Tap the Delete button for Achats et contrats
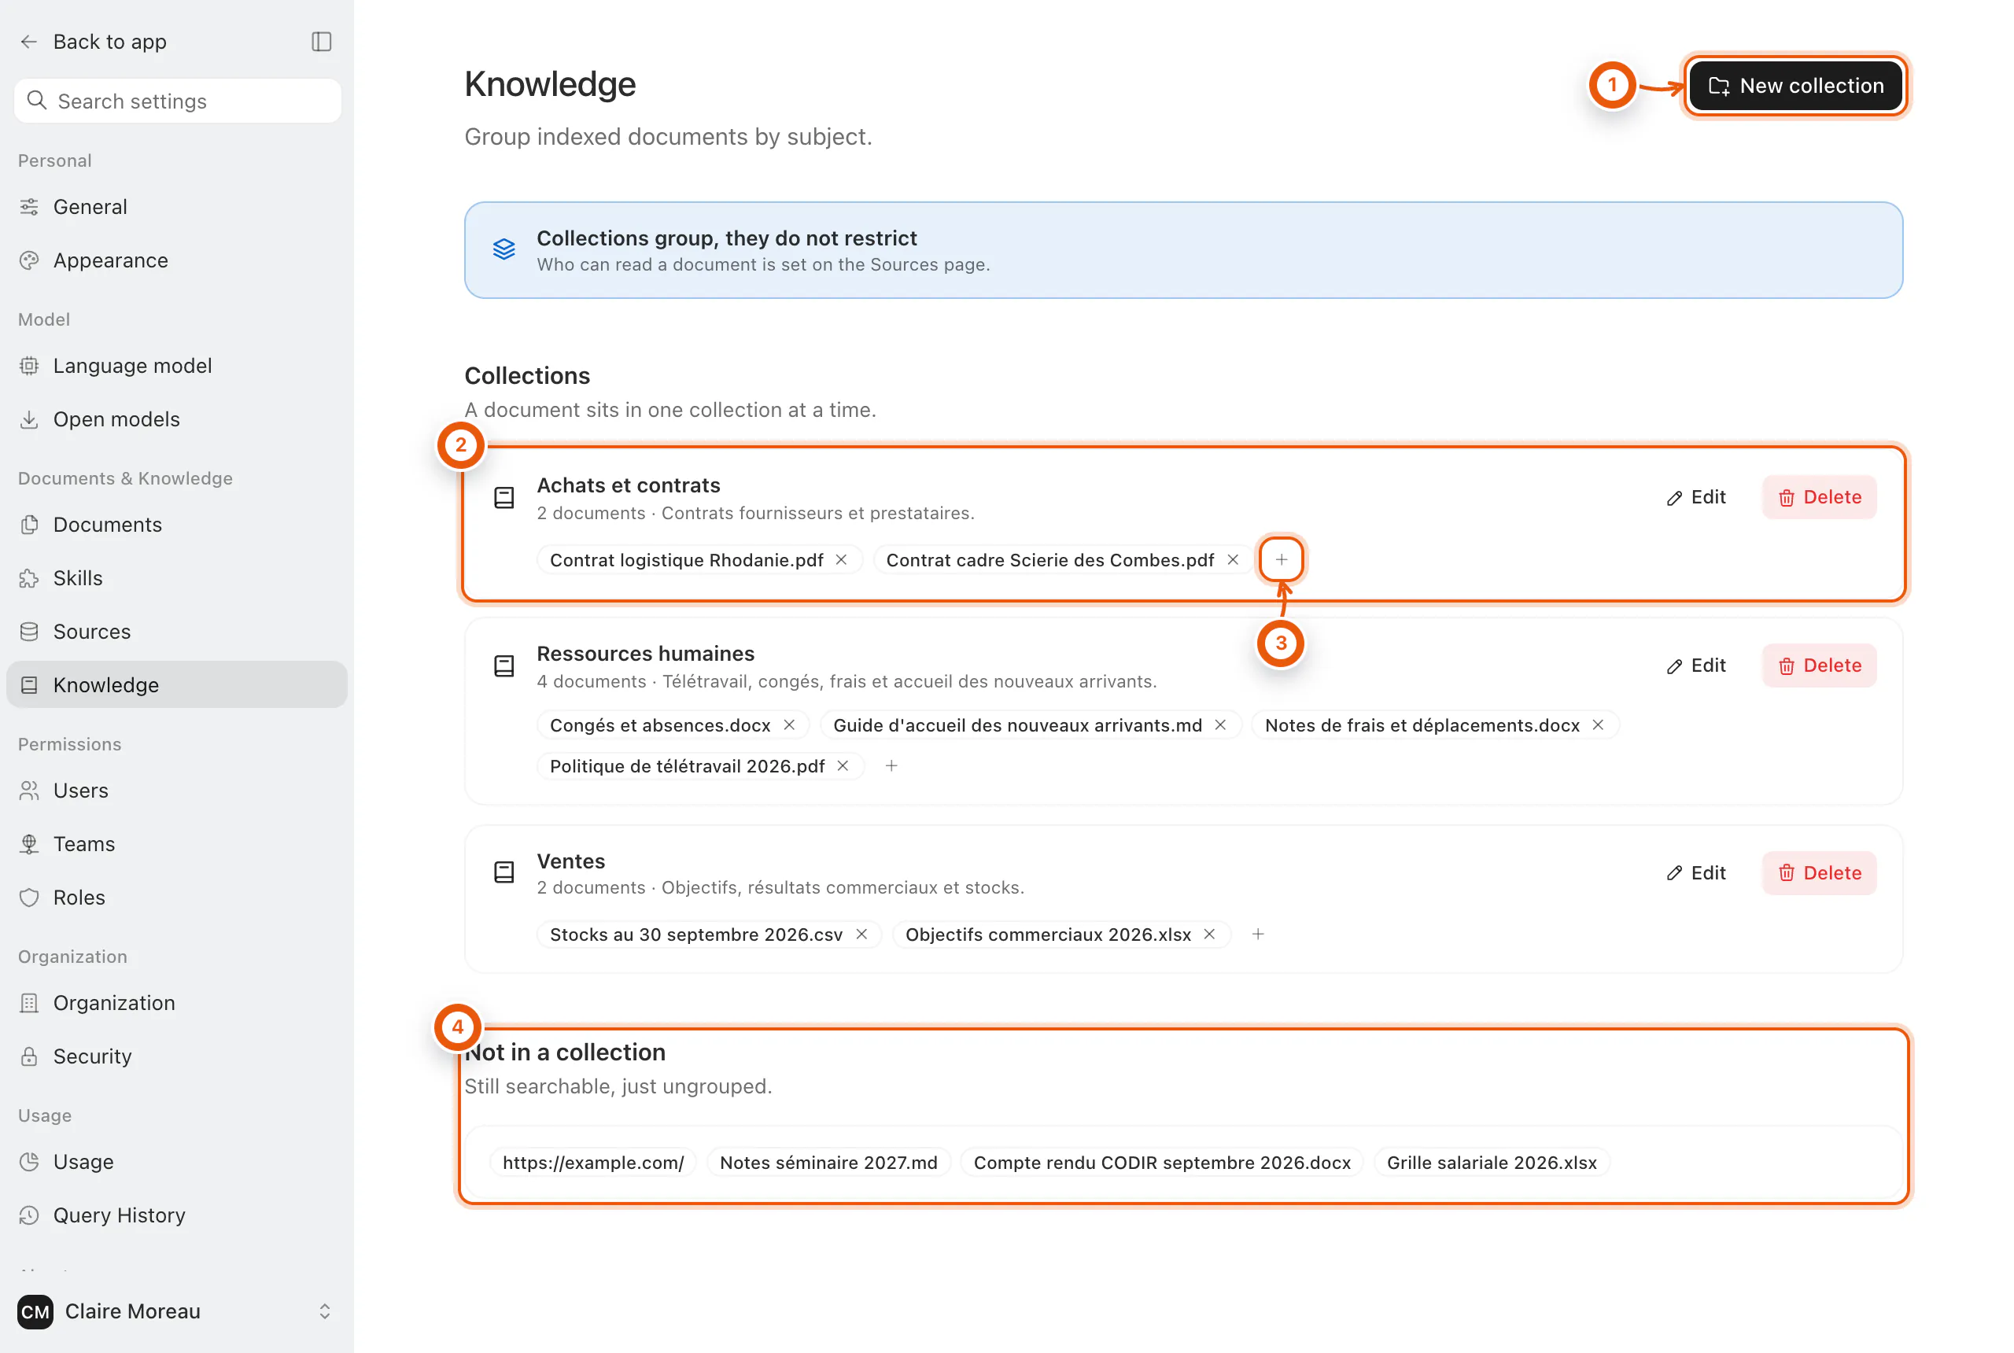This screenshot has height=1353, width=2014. click(x=1819, y=497)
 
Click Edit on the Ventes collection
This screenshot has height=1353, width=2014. click(x=1695, y=872)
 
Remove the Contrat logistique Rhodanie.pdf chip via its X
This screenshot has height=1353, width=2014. click(x=841, y=560)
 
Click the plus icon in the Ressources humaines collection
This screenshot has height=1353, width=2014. click(x=891, y=765)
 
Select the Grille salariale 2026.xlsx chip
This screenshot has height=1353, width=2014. click(x=1491, y=1163)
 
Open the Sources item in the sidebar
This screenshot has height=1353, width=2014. click(x=91, y=632)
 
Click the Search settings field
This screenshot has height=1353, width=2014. click(x=178, y=101)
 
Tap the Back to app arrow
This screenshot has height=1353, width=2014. click(x=28, y=42)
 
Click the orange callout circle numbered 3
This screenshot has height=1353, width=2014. click(x=1281, y=643)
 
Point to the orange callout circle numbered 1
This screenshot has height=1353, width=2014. click(x=1612, y=85)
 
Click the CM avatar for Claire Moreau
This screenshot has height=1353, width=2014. click(x=35, y=1311)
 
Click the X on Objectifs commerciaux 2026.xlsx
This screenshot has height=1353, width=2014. click(x=1210, y=934)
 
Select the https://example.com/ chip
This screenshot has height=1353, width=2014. click(x=593, y=1163)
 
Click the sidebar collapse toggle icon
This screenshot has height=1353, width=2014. click(x=321, y=42)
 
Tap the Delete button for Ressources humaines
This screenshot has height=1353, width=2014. click(x=1819, y=665)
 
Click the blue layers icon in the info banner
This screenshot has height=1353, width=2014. click(x=504, y=249)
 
